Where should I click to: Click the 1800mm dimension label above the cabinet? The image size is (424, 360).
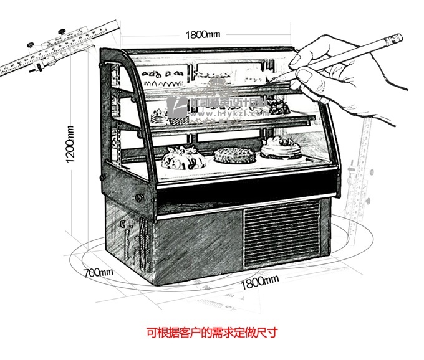point(204,34)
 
